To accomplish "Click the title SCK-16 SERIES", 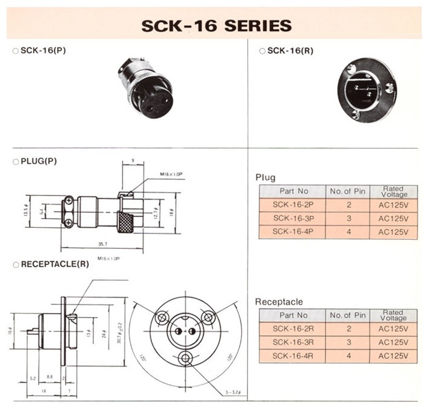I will [x=216, y=26].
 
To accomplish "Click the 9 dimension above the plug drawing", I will [x=132, y=160].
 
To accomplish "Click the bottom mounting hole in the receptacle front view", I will [x=186, y=358].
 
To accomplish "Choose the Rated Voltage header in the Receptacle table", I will [x=393, y=315].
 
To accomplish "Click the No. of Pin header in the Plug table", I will [x=347, y=191].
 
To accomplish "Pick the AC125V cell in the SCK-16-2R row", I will [x=393, y=329].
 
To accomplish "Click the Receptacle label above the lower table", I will [x=279, y=301].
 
